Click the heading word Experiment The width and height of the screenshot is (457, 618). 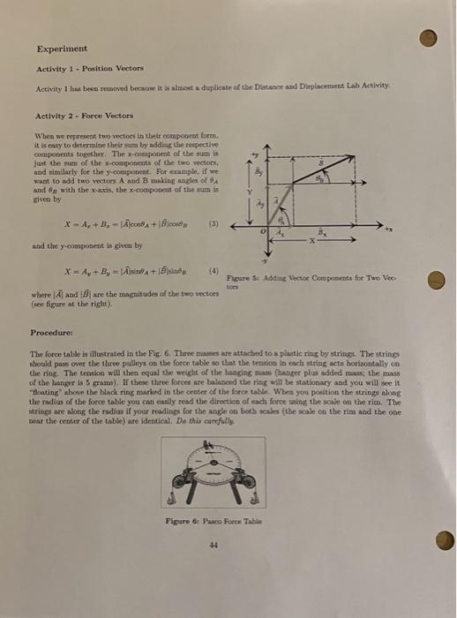(62, 49)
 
